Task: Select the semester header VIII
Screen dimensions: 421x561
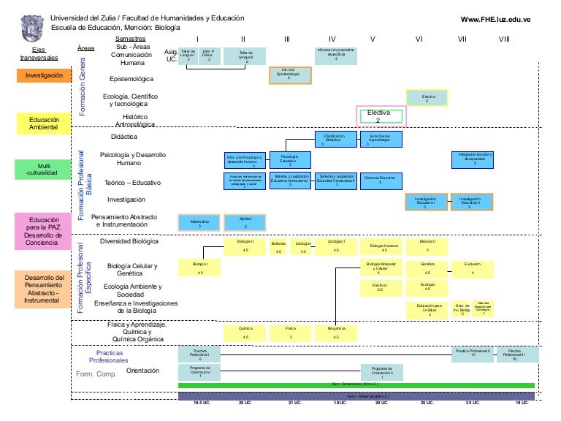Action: click(503, 39)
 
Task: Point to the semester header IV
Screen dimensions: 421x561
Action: click(332, 39)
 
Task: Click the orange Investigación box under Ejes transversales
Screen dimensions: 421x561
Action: click(44, 75)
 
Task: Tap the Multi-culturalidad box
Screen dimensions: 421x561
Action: click(44, 169)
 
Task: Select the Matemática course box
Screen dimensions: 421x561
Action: click(199, 223)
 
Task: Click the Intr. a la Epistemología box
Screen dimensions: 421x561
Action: click(290, 75)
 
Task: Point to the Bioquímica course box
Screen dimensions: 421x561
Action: click(336, 333)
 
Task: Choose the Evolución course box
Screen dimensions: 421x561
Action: click(473, 268)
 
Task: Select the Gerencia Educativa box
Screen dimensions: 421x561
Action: click(380, 180)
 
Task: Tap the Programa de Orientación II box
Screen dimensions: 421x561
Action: click(381, 371)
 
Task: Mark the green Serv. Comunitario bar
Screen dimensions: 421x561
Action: click(356, 384)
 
